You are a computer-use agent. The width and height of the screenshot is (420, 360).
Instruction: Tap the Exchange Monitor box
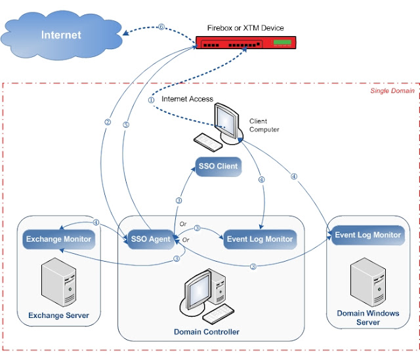click(58, 239)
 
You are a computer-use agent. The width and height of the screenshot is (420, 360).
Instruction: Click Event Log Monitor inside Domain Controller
click(259, 239)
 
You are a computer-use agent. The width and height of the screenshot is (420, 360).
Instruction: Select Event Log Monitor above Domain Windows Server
click(367, 235)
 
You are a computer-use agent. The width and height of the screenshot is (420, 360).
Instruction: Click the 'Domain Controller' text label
click(207, 332)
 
